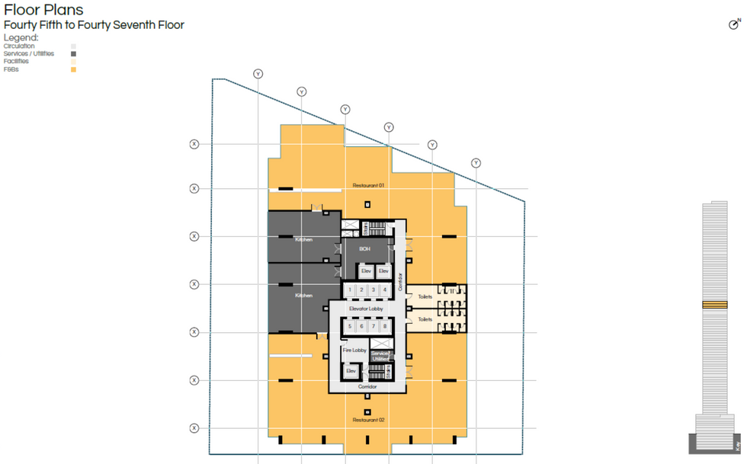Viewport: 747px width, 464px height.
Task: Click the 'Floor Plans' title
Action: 43,11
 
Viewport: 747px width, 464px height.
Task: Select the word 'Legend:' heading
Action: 21,37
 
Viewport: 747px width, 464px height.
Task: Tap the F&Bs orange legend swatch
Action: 73,69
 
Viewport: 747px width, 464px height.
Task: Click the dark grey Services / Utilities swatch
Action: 73,54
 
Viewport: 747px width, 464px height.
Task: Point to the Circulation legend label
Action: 19,46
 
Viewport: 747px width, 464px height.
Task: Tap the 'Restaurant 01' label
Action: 368,185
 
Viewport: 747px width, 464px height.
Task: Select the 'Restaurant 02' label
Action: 368,420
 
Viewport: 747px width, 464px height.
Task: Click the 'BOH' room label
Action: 364,249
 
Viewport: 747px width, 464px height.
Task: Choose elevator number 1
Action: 350,290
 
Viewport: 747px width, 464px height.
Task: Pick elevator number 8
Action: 385,326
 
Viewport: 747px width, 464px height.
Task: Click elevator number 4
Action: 385,290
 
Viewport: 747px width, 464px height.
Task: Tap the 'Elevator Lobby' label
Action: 367,309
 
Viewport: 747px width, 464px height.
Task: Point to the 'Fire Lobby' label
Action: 354,350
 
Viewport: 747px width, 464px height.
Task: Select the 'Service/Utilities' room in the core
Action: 380,355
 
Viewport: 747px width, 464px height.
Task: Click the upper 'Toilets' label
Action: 425,296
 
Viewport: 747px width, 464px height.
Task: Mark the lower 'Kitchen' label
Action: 303,296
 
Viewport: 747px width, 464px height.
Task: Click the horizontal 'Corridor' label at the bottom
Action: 367,387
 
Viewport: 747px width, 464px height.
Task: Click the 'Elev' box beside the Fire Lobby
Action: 351,371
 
